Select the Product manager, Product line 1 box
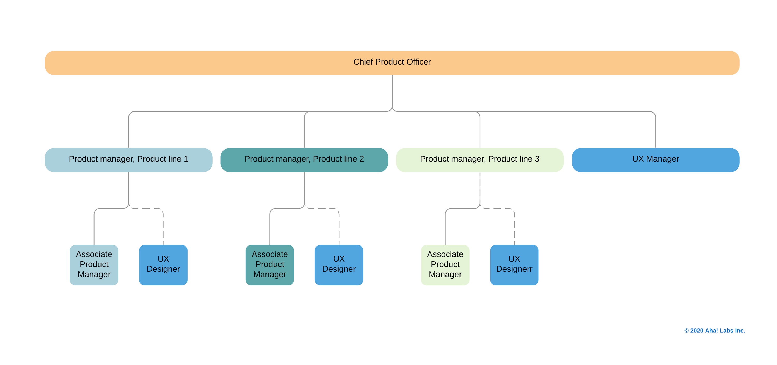[128, 160]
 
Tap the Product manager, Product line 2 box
[304, 160]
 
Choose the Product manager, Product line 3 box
[480, 160]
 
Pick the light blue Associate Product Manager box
[94, 265]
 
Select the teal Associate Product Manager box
[270, 265]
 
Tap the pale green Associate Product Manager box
[445, 265]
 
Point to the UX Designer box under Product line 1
[163, 265]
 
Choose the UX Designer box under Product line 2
[339, 265]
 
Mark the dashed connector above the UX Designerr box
[514, 228]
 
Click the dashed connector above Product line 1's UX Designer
[163, 228]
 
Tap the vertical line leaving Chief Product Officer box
[392, 90]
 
